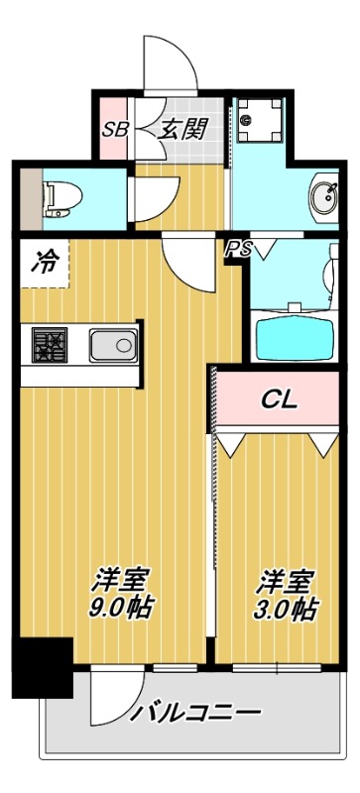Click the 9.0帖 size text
tap(122, 607)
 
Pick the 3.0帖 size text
tap(289, 607)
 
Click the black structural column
tap(42, 666)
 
